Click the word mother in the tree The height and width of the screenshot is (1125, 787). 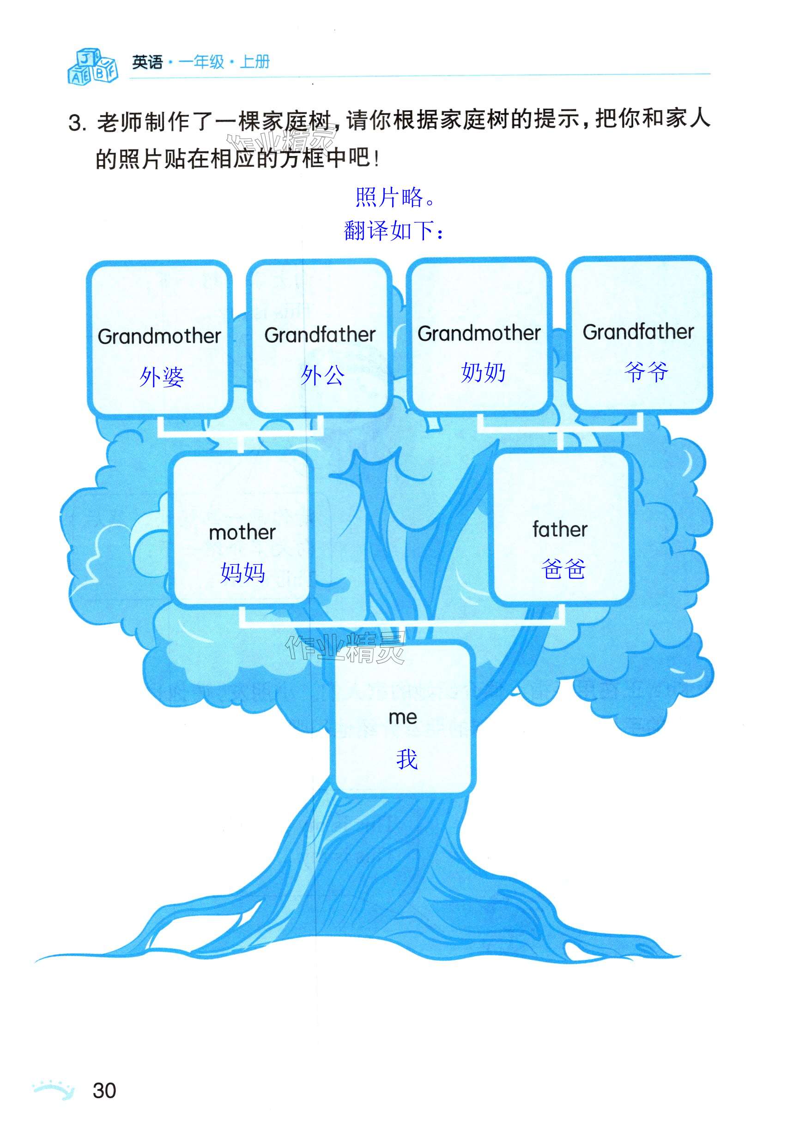242,533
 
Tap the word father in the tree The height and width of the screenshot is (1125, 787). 559,530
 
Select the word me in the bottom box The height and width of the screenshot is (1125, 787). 403,718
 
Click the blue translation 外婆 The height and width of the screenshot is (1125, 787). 161,377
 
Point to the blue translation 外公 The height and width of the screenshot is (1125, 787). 322,375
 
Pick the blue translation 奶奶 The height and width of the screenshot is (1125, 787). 483,372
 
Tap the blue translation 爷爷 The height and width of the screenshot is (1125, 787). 646,371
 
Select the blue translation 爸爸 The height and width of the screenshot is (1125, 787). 563,569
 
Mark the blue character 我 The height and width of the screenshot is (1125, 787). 406,760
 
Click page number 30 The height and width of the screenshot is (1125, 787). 104,1091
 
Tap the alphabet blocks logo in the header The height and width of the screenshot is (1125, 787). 92,66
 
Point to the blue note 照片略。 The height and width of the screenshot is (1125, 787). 395,197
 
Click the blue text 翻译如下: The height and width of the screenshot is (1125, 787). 394,230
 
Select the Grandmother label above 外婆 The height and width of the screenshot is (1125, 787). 159,336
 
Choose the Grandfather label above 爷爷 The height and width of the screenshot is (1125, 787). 638,332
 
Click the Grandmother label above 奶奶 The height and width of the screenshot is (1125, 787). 478,333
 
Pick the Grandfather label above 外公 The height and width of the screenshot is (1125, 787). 320,335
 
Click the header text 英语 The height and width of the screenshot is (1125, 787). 147,62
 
